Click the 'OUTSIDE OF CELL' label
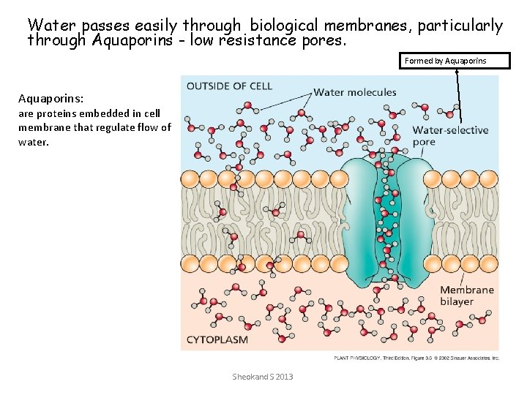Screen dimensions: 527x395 [229, 86]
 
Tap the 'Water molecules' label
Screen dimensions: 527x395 [355, 92]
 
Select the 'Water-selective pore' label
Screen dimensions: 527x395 [450, 136]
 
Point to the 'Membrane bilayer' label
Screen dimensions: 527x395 [467, 296]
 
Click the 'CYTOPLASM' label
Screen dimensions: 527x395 [217, 339]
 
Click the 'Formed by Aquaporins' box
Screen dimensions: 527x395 [457, 61]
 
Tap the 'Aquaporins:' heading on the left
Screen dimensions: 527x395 [45, 98]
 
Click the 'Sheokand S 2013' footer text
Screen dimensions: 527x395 [262, 377]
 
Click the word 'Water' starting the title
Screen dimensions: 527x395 [50, 26]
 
